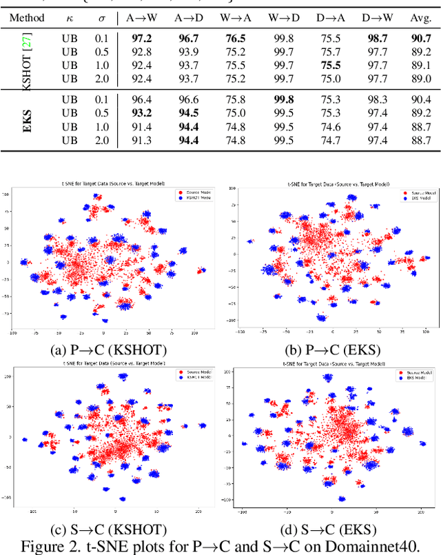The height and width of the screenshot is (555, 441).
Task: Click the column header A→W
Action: pyautogui.click(x=149, y=17)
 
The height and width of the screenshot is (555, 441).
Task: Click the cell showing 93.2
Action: pyautogui.click(x=149, y=113)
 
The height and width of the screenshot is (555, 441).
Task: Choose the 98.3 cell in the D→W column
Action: pyautogui.click(x=375, y=100)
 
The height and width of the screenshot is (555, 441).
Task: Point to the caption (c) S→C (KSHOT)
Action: pyautogui.click(x=109, y=529)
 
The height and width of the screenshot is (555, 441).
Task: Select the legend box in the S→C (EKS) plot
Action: pyautogui.click(x=407, y=376)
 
